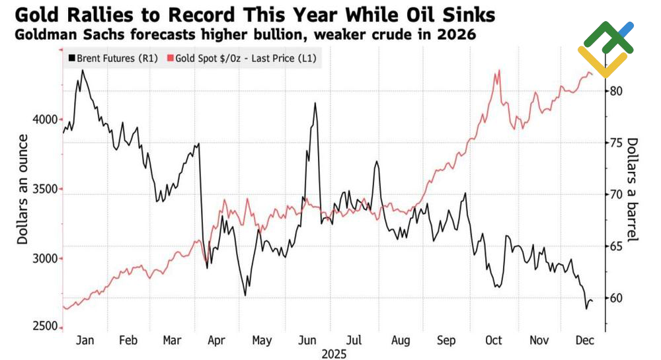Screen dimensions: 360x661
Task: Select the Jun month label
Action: [x=307, y=340]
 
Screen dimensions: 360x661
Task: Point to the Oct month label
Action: [x=493, y=340]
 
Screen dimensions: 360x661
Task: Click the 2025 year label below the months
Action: [x=334, y=353]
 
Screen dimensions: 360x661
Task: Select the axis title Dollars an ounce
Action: [x=23, y=189]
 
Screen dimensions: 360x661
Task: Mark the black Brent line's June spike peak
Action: [x=315, y=103]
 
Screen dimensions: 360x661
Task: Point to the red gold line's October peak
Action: [x=497, y=71]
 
